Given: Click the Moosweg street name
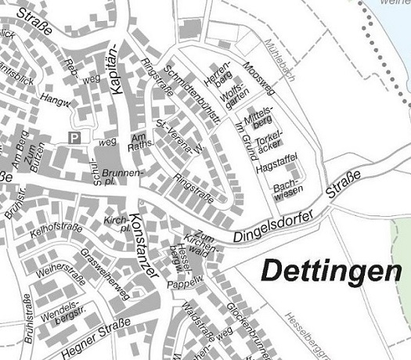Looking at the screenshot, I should [259, 76].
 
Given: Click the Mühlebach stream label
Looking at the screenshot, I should [279, 56].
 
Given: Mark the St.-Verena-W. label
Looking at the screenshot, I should [179, 138].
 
